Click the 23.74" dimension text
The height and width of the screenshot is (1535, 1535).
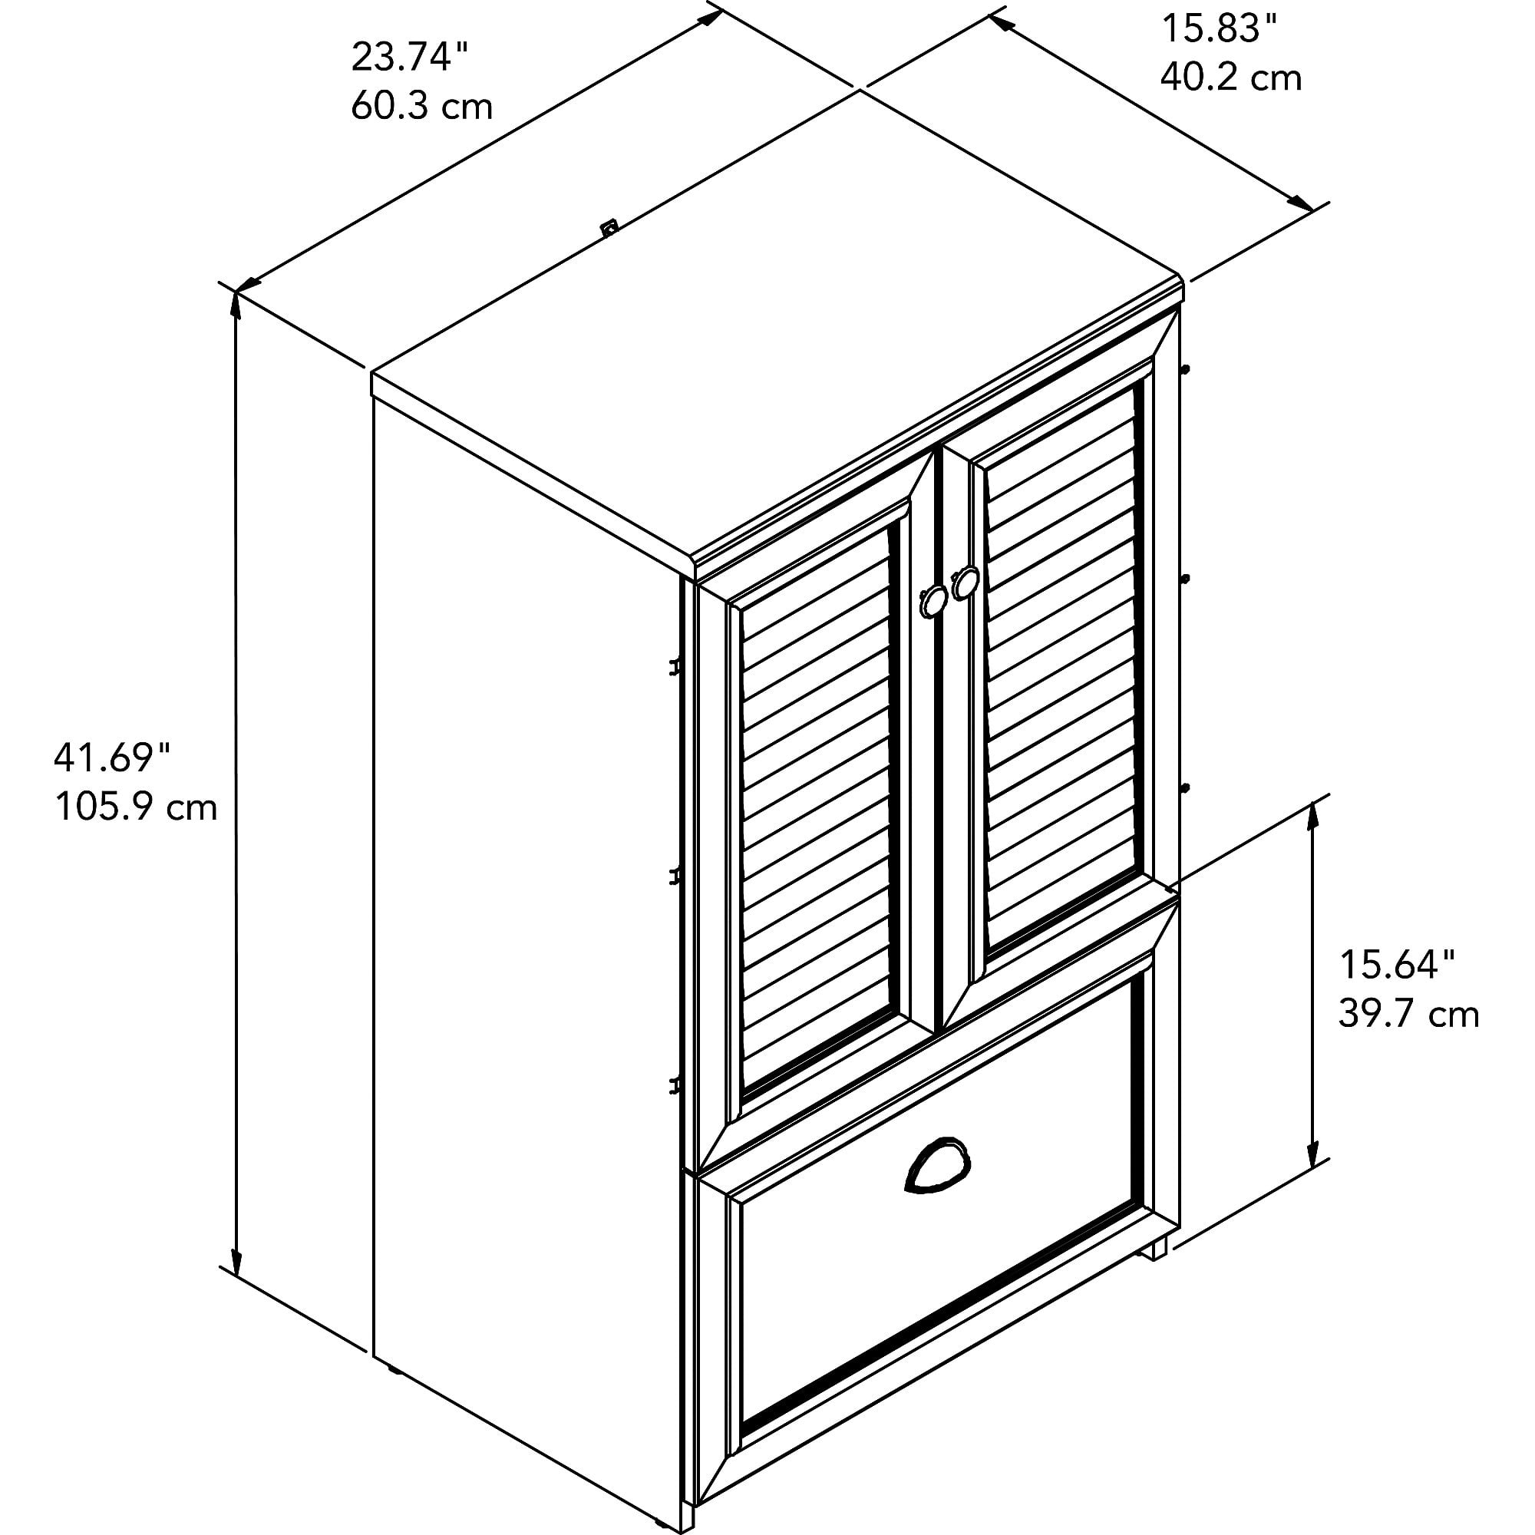409,58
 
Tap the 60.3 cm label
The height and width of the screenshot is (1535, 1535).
422,107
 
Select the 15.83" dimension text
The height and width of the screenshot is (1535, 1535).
1220,29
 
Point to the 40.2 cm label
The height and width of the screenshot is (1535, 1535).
1231,78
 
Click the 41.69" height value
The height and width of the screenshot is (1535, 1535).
112,759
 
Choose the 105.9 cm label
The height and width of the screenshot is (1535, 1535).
135,807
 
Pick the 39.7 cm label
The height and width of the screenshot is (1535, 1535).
1408,1015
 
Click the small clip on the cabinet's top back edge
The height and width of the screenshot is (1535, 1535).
609,228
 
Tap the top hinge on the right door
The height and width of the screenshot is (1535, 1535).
1187,369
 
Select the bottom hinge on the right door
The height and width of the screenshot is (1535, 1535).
1187,787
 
